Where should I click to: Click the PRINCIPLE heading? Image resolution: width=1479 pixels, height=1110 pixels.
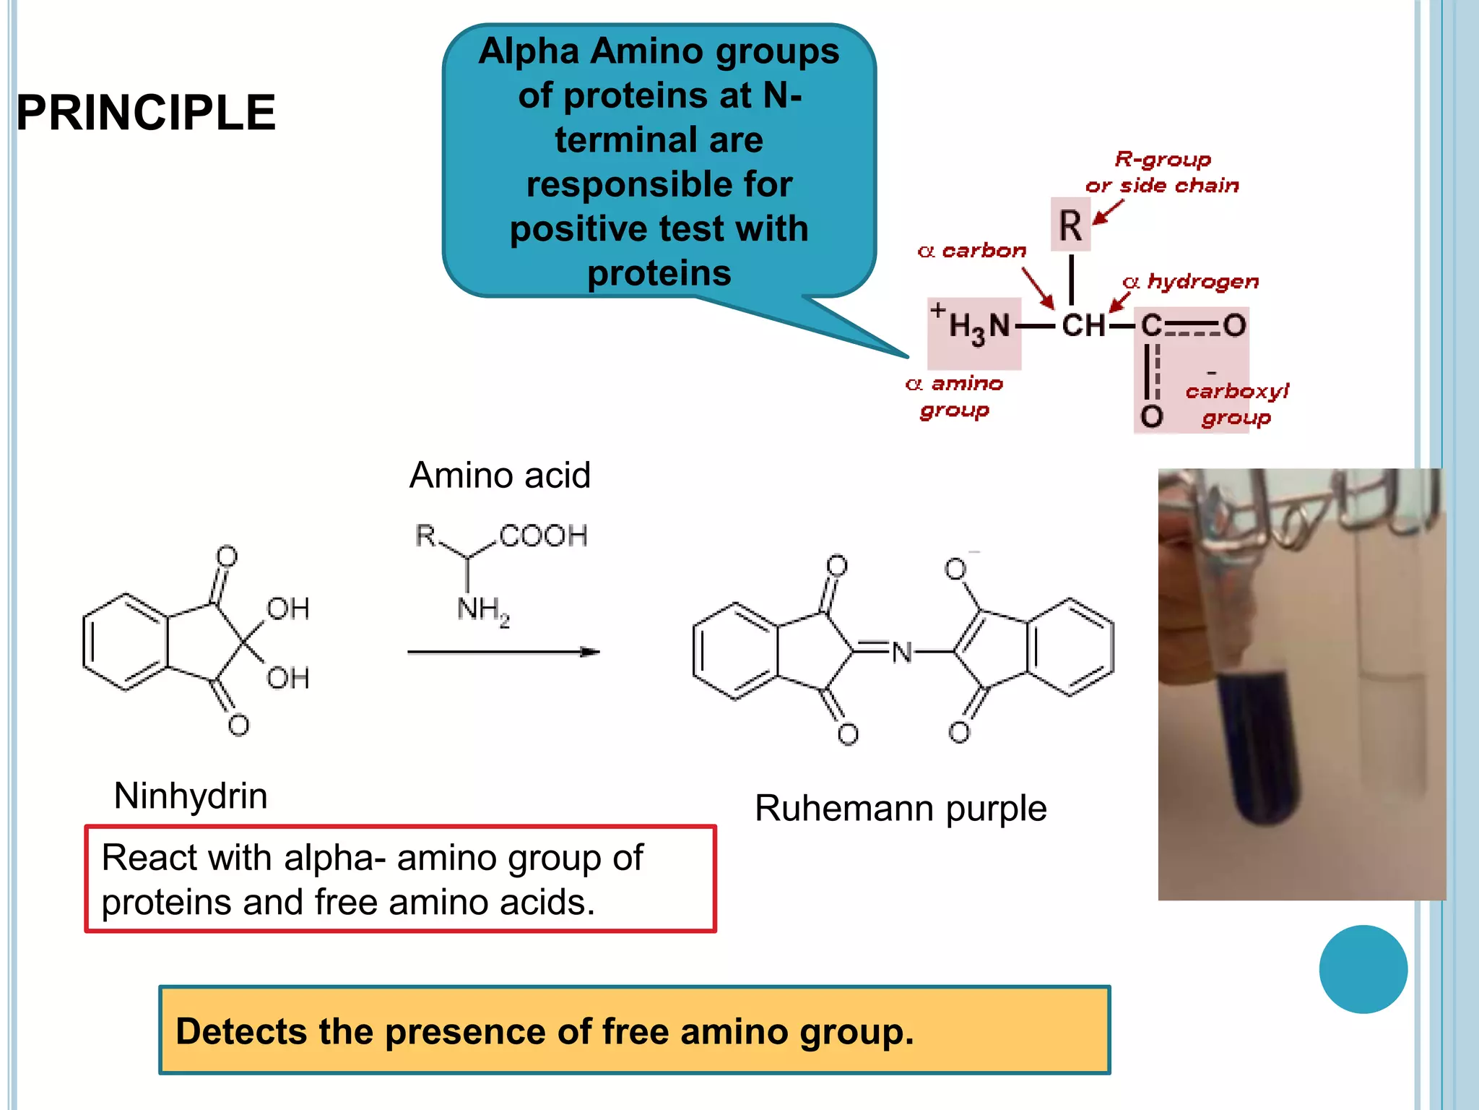pos(146,113)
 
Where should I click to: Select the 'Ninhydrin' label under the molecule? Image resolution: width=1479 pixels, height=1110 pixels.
pos(191,796)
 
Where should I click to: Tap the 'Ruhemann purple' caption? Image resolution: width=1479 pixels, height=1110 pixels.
pos(900,808)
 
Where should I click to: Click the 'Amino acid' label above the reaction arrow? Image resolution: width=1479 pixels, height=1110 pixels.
pos(500,476)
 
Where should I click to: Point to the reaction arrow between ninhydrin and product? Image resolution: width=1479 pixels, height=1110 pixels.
pos(503,652)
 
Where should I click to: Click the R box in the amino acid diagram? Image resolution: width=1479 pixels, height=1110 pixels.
pos(1070,225)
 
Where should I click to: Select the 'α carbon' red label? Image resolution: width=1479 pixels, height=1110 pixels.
pos(972,251)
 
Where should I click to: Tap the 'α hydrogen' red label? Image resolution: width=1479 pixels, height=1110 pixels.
pos(1192,281)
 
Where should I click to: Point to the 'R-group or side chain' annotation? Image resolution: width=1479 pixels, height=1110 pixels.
pos(1162,172)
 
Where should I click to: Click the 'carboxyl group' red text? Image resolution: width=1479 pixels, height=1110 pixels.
pos(1236,404)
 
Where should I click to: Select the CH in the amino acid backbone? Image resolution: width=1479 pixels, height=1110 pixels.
pos(1083,325)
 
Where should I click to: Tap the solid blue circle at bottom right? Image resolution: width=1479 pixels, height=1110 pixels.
pos(1363,969)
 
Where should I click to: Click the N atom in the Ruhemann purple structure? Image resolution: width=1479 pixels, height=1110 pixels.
pos(902,653)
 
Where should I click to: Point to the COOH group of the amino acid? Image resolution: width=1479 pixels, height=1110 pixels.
pos(543,536)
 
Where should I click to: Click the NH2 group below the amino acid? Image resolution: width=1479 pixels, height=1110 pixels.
pos(482,611)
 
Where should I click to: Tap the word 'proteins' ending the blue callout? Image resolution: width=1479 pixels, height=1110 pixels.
pos(659,273)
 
